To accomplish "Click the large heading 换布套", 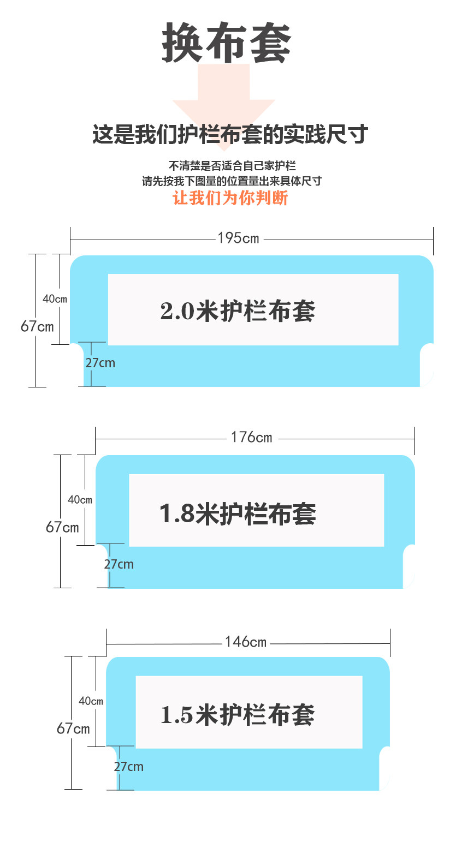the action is coord(226,43).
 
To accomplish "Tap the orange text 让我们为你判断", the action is coord(230,198).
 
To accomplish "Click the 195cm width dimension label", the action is coord(239,238).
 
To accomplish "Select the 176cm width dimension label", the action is coord(251,437).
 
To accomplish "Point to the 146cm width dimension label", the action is coord(246,642).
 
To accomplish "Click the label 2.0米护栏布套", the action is coord(238,311).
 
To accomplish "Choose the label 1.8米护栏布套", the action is coord(238,514).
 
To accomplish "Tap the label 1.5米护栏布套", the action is coord(238,714).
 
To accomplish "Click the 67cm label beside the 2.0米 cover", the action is coord(37,326).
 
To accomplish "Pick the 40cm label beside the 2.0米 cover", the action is coord(55,299).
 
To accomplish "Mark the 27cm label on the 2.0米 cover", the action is coord(100,363).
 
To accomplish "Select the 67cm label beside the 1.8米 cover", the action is coord(62,527).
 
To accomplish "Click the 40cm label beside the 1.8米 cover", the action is coord(80,499).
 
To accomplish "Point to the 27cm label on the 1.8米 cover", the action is coord(119,564).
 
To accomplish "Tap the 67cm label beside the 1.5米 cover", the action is coord(73,728).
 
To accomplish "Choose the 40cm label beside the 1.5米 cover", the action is coord(91,701).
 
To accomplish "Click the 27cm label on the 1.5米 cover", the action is coord(129,767).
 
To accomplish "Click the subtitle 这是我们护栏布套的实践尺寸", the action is coord(230,134).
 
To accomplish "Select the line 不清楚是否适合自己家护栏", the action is coord(232,165).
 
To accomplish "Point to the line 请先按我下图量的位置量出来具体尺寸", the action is coord(232,181).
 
